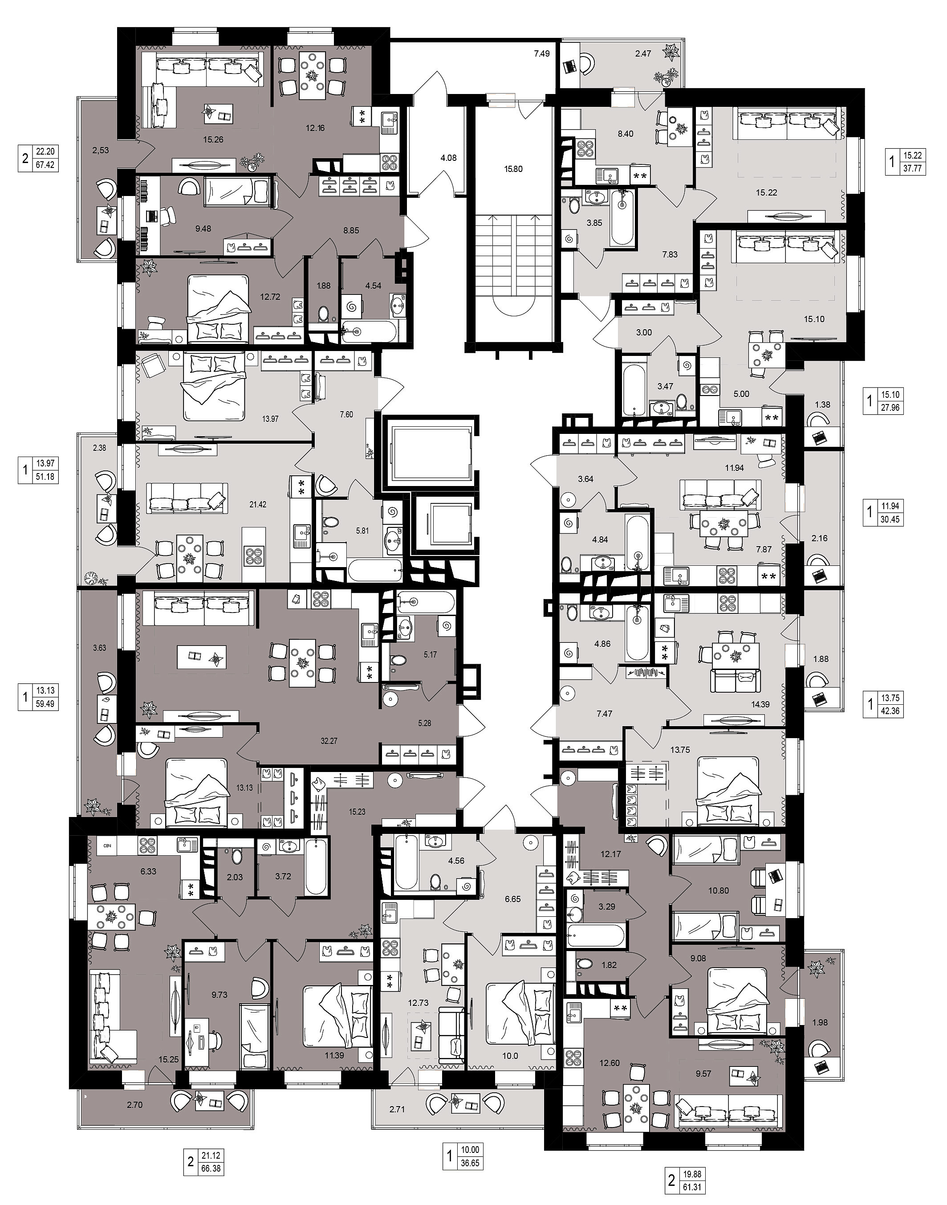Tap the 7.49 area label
pos(541,54)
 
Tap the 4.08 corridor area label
pos(448,158)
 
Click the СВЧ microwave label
pos(108,846)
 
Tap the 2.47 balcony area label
pos(643,54)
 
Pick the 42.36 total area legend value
pos(891,710)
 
